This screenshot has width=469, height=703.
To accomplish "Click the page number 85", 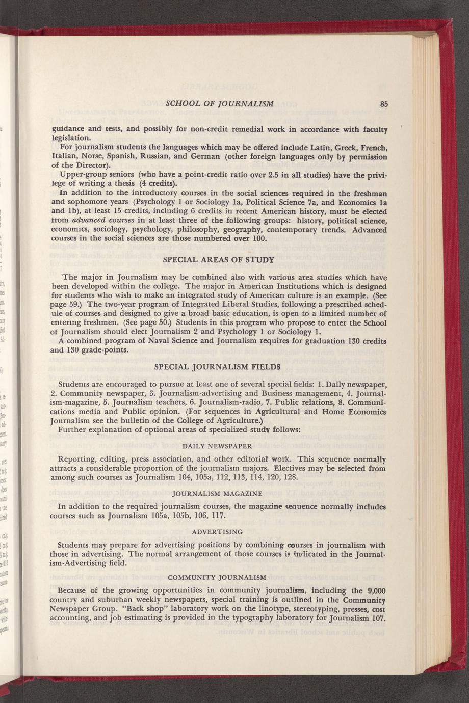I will coord(384,104).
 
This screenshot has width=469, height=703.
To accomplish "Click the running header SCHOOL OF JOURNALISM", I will coord(220,104).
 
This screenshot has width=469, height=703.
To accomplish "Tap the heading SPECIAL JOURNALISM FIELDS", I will coord(218,366).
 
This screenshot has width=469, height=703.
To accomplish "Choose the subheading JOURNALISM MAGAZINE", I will coord(218,494).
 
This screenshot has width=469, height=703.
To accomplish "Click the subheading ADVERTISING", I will coord(218,532).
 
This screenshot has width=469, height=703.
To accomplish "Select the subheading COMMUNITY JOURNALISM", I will coord(218,577).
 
